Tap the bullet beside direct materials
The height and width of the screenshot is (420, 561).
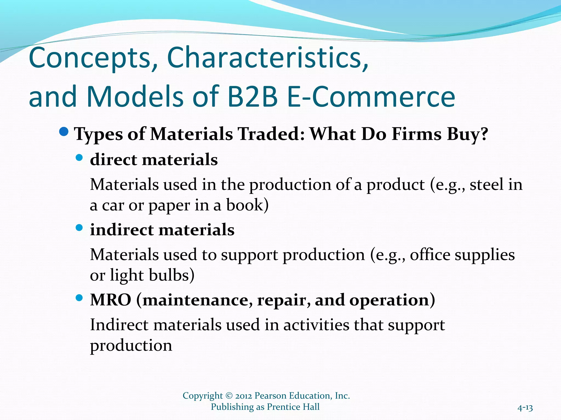coord(79,157)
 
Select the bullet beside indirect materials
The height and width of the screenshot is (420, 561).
coord(79,228)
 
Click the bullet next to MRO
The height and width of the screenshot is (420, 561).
coord(79,298)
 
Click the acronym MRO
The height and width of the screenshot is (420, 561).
coord(111,300)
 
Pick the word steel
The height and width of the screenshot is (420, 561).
coord(486,185)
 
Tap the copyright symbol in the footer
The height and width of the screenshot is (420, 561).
coord(229,396)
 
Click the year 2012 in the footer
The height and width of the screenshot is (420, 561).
coord(243,396)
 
